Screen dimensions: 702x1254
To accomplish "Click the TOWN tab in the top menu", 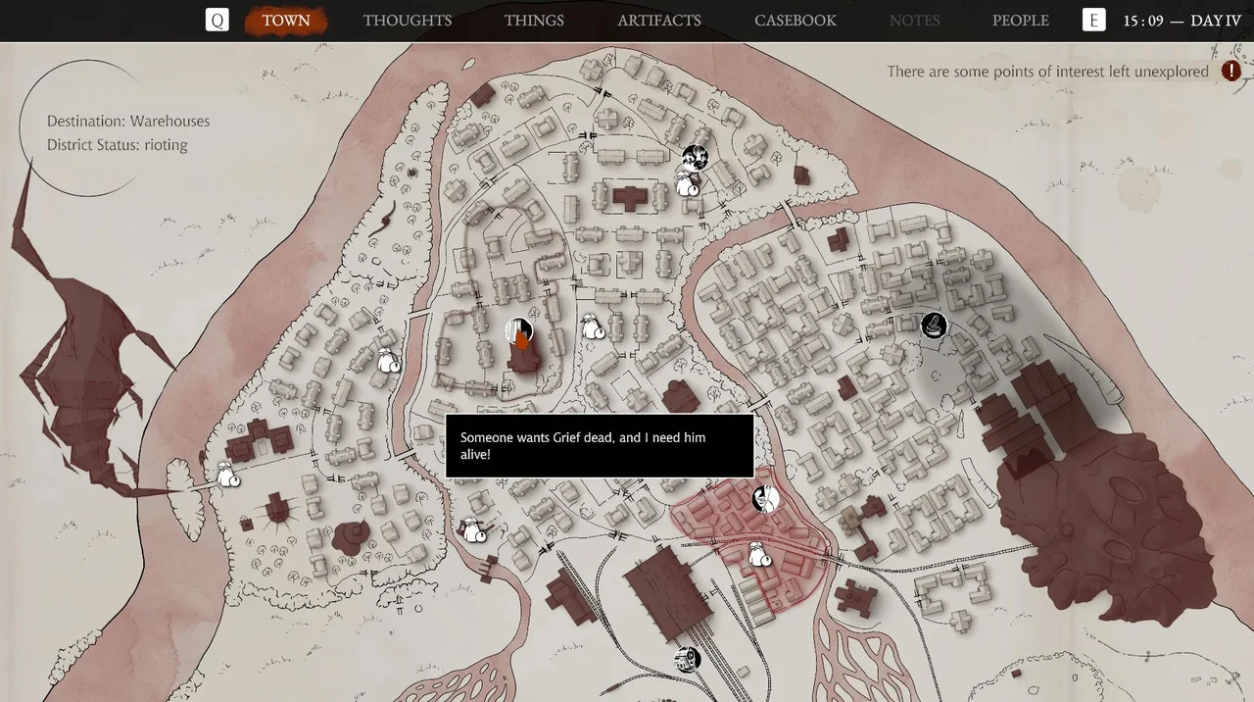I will [x=285, y=21].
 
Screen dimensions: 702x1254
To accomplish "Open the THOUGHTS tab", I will [x=408, y=21].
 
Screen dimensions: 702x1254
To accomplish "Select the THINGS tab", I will [x=534, y=21].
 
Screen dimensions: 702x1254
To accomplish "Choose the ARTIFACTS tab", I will [x=659, y=21].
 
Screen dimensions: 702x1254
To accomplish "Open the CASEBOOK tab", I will [x=796, y=21].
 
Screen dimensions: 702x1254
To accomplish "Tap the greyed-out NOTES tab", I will [x=914, y=21].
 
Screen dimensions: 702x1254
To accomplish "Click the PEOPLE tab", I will [x=1020, y=21].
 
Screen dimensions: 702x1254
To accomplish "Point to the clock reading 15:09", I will [x=1143, y=21].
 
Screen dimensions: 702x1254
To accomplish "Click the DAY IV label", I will [x=1216, y=21].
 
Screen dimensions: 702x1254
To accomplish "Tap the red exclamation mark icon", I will [x=1231, y=72].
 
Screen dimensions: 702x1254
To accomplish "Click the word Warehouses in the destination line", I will [x=169, y=122].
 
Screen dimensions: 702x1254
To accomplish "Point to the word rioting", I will [x=165, y=145].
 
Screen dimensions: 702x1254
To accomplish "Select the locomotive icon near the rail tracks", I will [x=688, y=658].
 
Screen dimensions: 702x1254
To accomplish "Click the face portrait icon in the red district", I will [x=765, y=499].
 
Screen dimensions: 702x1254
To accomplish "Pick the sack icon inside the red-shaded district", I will [x=759, y=556].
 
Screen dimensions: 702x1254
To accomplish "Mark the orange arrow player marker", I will [x=522, y=339].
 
